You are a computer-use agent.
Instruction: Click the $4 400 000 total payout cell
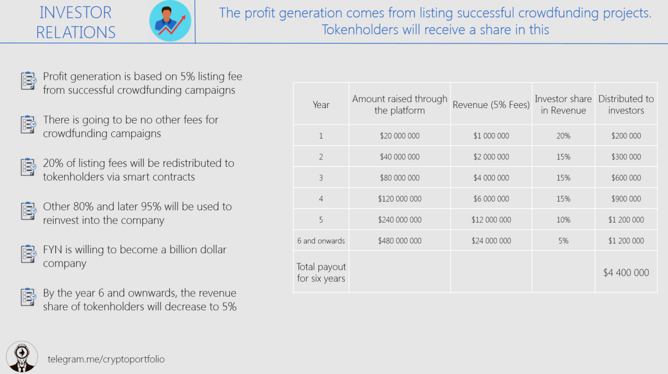[x=626, y=273]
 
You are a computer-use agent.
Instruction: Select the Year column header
[x=321, y=105]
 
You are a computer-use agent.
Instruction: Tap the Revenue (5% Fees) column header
[x=491, y=105]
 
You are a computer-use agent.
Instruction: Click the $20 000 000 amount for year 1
[x=400, y=136]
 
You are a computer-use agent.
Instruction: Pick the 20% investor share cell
[x=563, y=136]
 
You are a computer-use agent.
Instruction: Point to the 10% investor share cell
[x=563, y=219]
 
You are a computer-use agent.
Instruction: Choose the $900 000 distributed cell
[x=626, y=199]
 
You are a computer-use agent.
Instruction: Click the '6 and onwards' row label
[x=321, y=240]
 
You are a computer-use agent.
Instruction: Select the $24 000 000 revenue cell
[x=491, y=240]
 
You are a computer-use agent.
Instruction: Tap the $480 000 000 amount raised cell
[x=400, y=240]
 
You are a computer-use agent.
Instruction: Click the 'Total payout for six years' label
[x=321, y=272]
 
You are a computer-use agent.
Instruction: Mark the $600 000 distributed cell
[x=626, y=178]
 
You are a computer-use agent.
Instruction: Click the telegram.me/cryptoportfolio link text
[x=106, y=359]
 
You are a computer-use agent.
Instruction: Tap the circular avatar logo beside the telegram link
[x=22, y=357]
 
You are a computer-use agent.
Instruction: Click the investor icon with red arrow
[x=170, y=21]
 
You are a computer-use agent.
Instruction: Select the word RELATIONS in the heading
[x=76, y=32]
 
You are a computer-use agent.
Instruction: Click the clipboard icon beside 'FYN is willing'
[x=29, y=254]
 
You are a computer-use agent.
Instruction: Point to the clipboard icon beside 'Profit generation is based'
[x=29, y=80]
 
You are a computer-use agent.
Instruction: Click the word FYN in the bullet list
[x=53, y=249]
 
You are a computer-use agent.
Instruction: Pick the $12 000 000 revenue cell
[x=491, y=219]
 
